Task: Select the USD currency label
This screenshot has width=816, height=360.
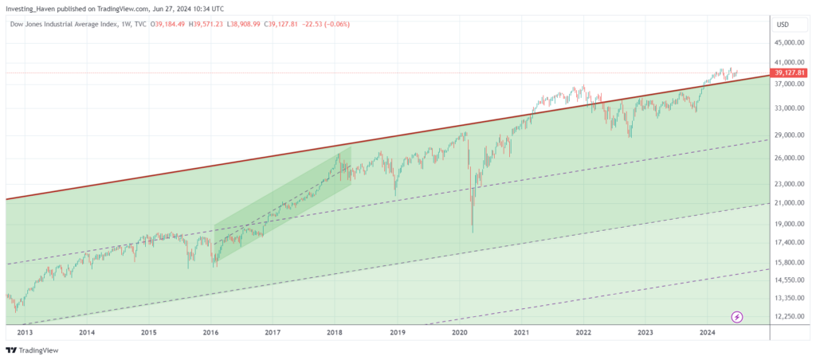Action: point(783,24)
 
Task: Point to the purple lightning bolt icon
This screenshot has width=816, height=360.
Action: point(737,317)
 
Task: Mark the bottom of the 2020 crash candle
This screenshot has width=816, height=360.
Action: point(473,232)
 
